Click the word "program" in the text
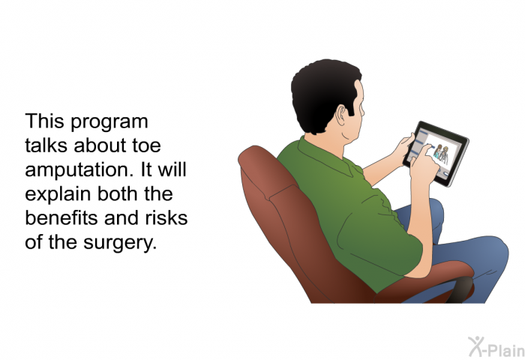109,122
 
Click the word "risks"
166,217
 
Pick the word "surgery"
120,242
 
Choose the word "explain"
58,194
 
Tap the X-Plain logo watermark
496,347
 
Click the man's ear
341,115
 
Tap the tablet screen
435,153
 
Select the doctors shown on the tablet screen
441,154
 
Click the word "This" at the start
44,121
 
